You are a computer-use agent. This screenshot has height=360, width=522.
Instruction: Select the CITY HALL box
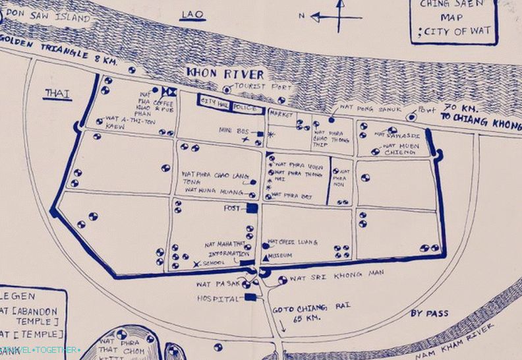[x=214, y=102]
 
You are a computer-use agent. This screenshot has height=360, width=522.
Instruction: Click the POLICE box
[x=247, y=104]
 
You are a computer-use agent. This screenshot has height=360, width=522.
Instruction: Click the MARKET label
[x=281, y=114]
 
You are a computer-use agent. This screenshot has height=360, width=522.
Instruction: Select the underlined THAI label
[x=57, y=94]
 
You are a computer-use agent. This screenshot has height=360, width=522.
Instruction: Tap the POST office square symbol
[x=252, y=208]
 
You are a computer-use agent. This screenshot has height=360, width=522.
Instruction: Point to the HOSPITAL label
[x=218, y=299]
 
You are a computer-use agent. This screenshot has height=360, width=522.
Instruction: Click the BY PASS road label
[x=429, y=313]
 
